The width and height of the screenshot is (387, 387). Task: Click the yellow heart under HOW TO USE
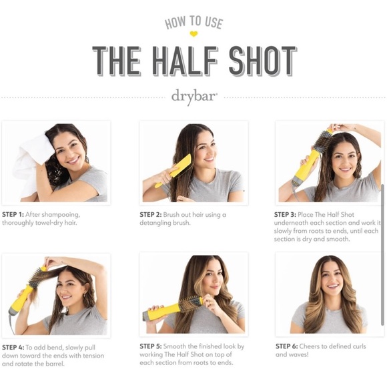(x=193, y=33)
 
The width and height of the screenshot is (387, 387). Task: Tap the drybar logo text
(x=193, y=96)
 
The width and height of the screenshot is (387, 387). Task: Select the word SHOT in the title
(x=262, y=61)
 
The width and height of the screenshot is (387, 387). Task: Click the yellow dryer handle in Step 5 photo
(x=160, y=311)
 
